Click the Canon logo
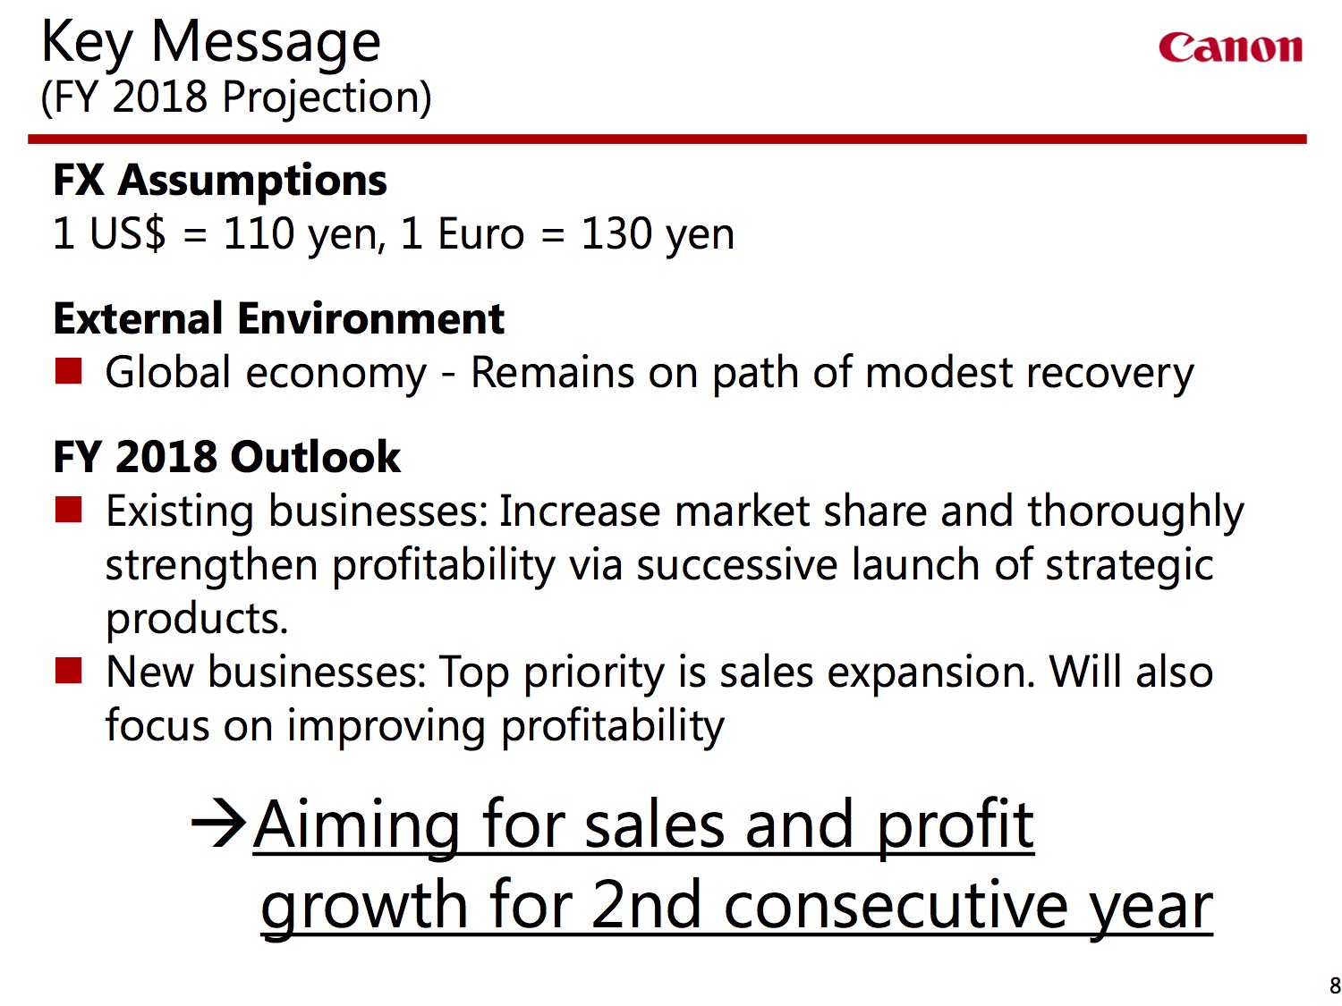coord(1230,47)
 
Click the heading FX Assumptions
coord(220,182)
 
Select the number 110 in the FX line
coord(259,234)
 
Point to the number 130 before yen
coord(616,234)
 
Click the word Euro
coord(481,234)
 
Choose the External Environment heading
coord(279,319)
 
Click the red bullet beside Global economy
coord(68,371)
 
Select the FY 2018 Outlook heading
coord(227,457)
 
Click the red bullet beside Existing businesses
coord(68,510)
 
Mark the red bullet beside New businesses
coord(68,670)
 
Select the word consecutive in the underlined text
coord(897,907)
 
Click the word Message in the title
coord(266,44)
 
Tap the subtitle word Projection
coord(327,97)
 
